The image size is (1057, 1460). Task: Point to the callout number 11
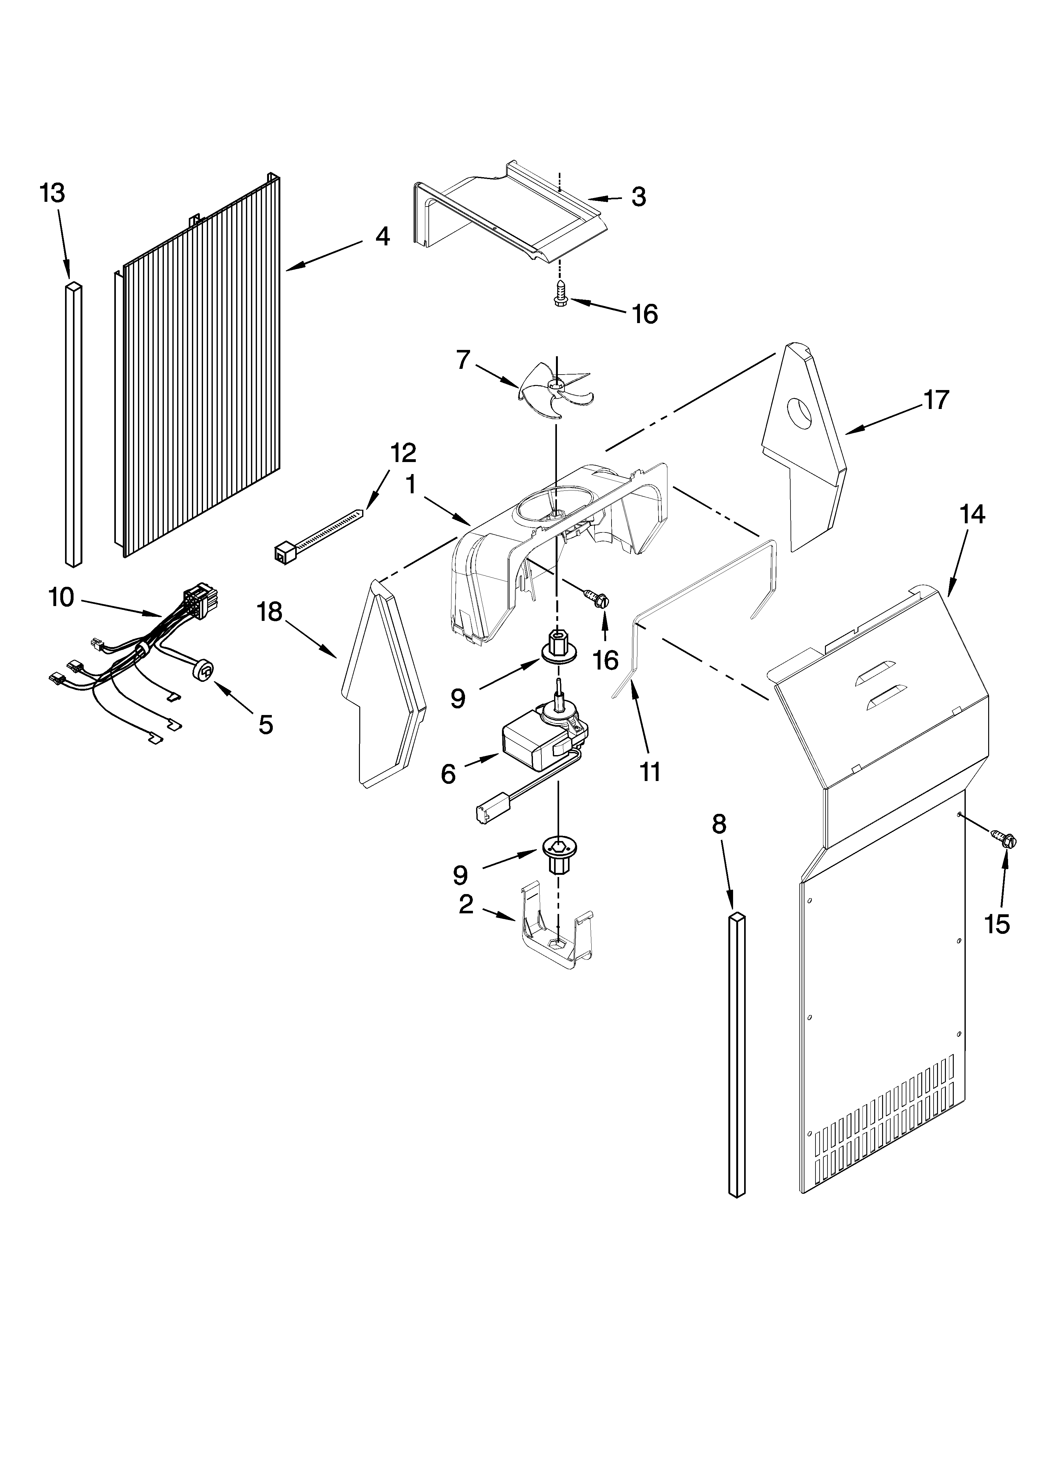(650, 771)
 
